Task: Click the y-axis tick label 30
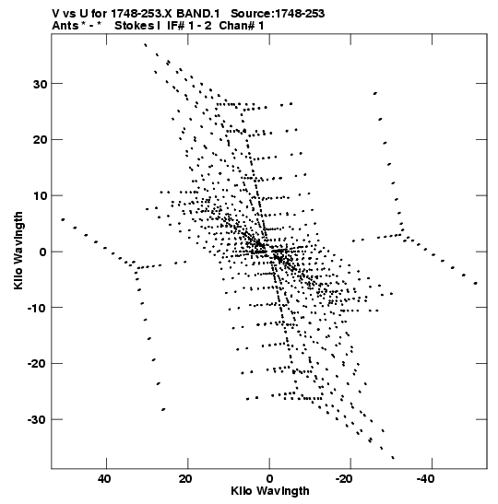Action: [40, 84]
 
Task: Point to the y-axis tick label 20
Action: [40, 140]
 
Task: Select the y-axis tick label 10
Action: [40, 196]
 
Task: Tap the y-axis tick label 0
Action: [43, 252]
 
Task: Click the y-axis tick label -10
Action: [38, 308]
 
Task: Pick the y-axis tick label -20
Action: [38, 364]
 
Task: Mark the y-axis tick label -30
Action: [38, 420]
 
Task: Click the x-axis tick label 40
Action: [104, 479]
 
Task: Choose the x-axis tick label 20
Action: [185, 479]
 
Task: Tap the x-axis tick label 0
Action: [269, 479]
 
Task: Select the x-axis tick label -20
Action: [344, 479]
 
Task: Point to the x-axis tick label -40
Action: [426, 479]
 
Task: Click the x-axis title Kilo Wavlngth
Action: [270, 491]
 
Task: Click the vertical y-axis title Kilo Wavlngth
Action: [18, 251]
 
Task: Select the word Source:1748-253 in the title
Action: [278, 14]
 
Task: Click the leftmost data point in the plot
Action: [63, 219]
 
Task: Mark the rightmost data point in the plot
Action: [476, 283]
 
